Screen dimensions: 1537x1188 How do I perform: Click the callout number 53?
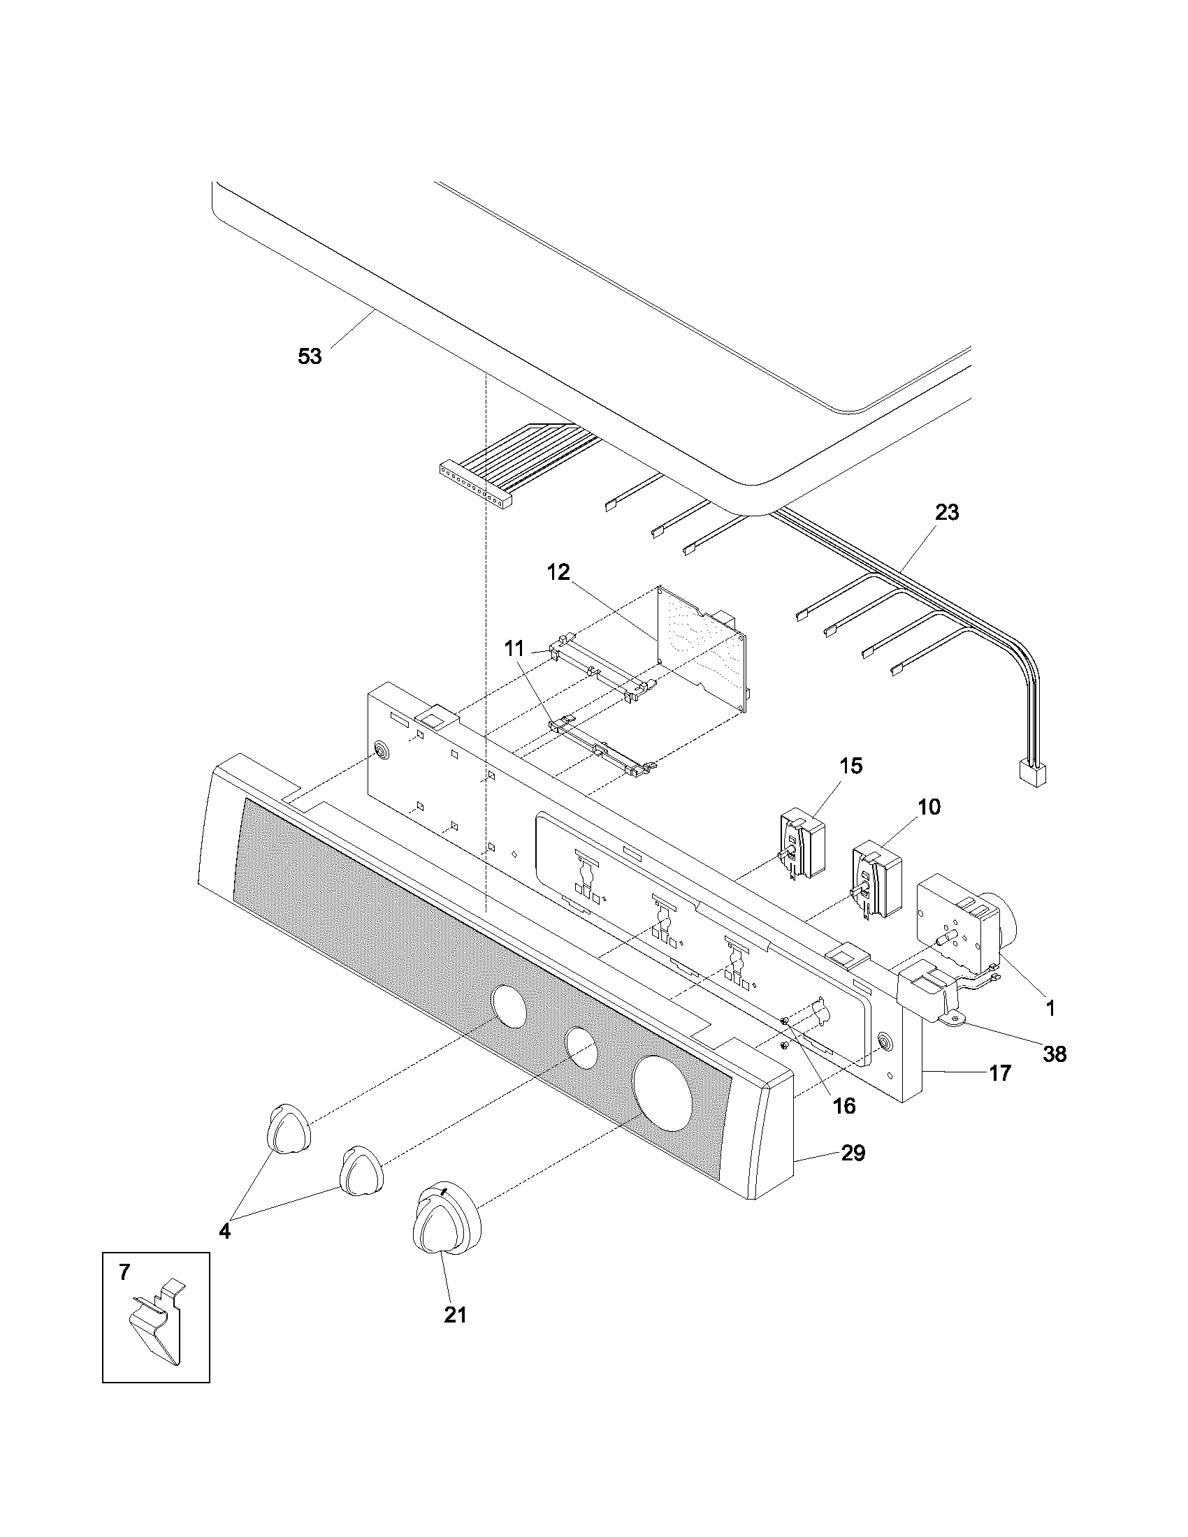tap(310, 357)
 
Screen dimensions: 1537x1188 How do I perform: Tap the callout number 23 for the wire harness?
tap(947, 512)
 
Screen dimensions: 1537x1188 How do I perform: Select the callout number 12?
tap(558, 572)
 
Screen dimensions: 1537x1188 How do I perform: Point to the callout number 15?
tap(851, 766)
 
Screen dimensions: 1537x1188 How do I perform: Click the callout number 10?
tap(929, 807)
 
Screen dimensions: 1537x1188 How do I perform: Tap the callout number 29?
tap(853, 1153)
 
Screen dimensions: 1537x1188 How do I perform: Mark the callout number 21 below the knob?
tap(456, 1315)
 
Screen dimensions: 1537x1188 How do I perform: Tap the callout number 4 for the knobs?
tap(224, 1232)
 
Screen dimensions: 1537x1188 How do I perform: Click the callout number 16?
tap(844, 1106)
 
